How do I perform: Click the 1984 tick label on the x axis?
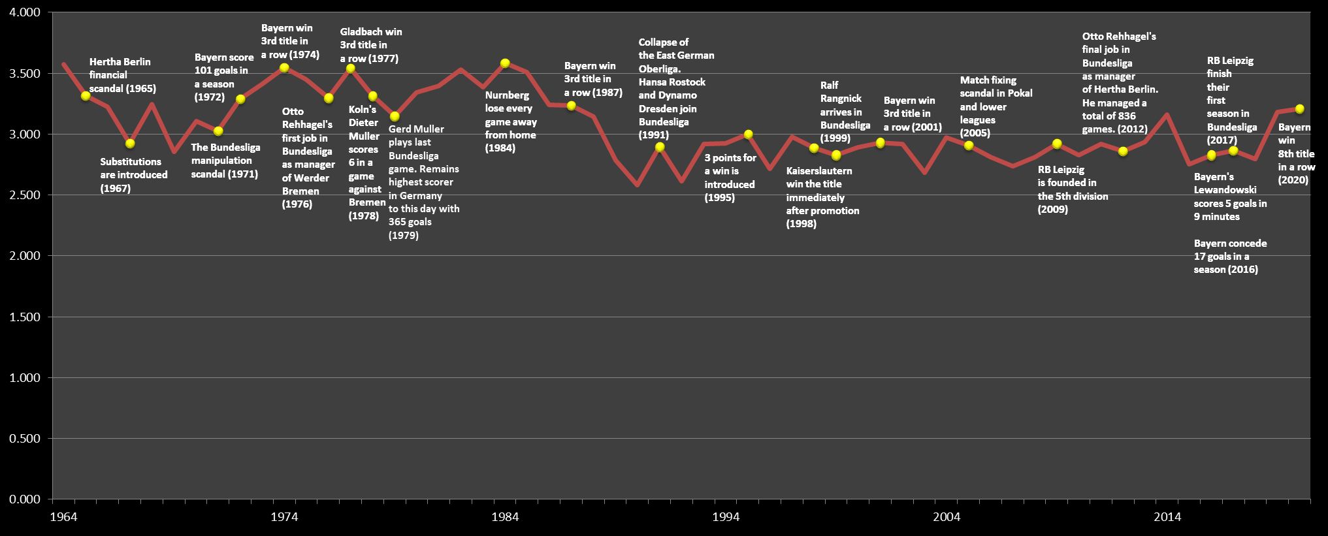pyautogui.click(x=504, y=517)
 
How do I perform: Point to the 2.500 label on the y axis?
pyautogui.click(x=25, y=195)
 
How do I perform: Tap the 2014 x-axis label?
pyautogui.click(x=1167, y=517)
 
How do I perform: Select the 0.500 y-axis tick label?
pyautogui.click(x=25, y=439)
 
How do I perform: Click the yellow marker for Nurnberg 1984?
pyautogui.click(x=505, y=63)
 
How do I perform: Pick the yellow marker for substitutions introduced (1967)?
pyautogui.click(x=130, y=144)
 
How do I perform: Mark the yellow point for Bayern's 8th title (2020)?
pyautogui.click(x=1299, y=109)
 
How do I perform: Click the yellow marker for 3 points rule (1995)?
pyautogui.click(x=748, y=134)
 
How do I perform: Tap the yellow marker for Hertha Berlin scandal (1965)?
pyautogui.click(x=86, y=96)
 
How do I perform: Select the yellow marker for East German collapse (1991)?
pyautogui.click(x=660, y=147)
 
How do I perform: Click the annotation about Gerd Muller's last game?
pyautogui.click(x=423, y=181)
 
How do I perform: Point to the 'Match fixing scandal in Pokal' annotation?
pyautogui.click(x=996, y=106)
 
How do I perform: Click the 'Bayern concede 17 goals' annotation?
pyautogui.click(x=1229, y=256)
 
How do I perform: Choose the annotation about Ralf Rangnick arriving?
pyautogui.click(x=844, y=112)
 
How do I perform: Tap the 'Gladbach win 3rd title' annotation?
pyautogui.click(x=370, y=45)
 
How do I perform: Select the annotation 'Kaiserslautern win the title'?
pyautogui.click(x=822, y=197)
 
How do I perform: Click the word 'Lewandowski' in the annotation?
pyautogui.click(x=1225, y=190)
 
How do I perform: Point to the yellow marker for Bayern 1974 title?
pyautogui.click(x=284, y=68)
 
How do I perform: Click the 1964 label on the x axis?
pyautogui.click(x=63, y=517)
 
